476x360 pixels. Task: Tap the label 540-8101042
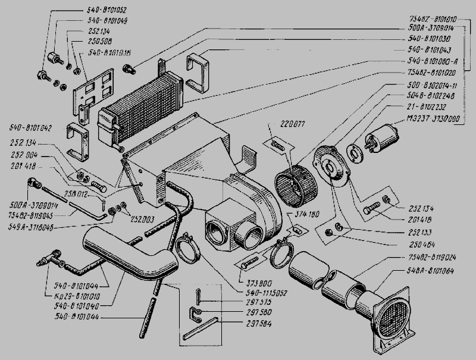(31, 127)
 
